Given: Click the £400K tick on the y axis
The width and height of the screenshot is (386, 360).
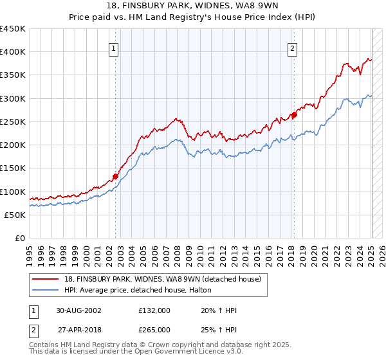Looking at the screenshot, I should tap(13, 52).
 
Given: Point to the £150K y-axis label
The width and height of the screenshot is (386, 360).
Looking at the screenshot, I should tap(13, 168).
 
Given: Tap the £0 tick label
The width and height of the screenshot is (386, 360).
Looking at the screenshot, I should tap(19, 239).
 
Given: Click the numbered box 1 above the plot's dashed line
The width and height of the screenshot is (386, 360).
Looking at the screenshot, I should tap(114, 48).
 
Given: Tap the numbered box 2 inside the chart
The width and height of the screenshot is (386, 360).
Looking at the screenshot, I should tap(292, 48).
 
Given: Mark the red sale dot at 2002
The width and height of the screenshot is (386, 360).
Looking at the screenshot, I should tap(116, 176).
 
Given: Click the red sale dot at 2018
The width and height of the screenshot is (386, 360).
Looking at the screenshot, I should tap(293, 115).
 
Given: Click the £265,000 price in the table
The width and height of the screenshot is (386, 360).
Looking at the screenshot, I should tap(154, 329).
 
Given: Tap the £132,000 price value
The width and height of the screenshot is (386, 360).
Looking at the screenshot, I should tap(154, 310).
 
